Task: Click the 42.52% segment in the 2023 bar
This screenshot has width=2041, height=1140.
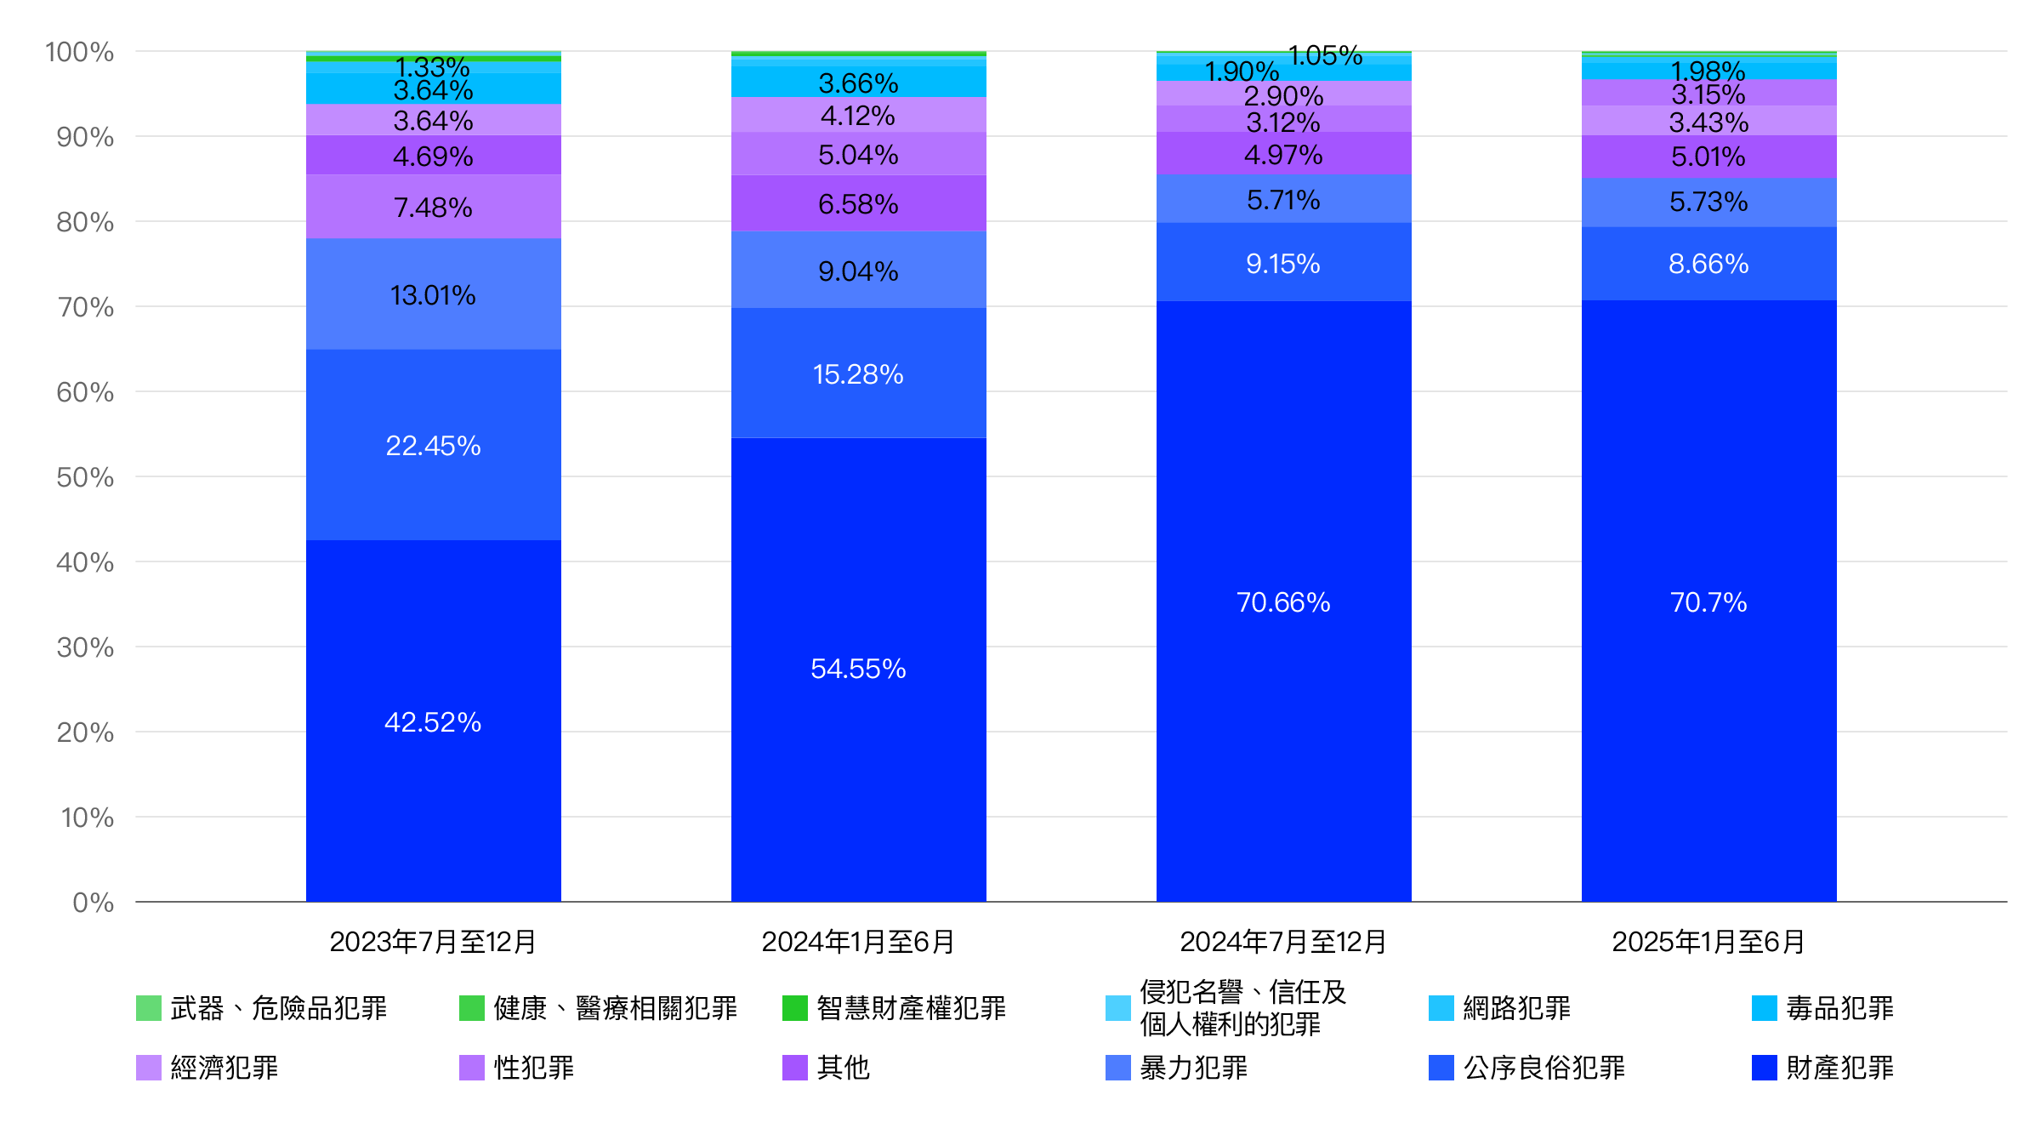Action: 433,721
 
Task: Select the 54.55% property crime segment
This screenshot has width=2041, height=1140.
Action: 858,668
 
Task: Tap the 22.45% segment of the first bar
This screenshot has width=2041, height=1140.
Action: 433,445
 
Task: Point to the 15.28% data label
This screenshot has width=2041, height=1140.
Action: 858,373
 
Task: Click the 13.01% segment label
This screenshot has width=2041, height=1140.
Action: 433,294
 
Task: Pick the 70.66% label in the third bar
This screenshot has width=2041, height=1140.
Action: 1283,601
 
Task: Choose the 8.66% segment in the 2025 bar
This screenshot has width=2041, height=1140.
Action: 1708,263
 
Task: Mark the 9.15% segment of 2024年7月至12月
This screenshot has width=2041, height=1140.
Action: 1283,263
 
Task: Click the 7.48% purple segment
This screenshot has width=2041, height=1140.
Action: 433,207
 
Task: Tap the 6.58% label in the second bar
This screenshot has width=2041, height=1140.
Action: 858,203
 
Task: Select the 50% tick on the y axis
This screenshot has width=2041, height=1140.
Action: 85,476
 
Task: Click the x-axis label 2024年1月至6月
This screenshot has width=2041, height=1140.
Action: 858,941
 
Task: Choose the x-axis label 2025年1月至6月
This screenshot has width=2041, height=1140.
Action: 1708,941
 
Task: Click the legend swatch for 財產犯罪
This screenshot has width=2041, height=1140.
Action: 1765,1067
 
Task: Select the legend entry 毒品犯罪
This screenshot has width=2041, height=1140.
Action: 1839,1007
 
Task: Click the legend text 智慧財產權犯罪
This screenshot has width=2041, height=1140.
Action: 911,1007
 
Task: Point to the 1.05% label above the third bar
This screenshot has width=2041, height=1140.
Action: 1325,55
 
